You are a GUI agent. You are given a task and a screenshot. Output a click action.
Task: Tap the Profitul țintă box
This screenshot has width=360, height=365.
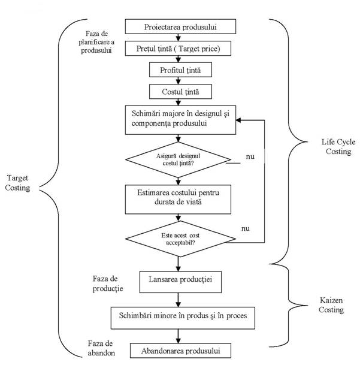[x=179, y=70]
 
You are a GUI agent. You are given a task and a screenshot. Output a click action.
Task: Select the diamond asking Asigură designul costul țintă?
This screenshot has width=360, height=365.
[x=178, y=160]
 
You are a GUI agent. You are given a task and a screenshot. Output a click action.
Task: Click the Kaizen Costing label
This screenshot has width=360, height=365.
[x=330, y=305]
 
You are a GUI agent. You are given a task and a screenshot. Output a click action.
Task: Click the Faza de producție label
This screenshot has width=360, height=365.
[x=108, y=283]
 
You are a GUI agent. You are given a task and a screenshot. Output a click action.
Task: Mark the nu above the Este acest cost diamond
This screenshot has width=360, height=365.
[x=245, y=228]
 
